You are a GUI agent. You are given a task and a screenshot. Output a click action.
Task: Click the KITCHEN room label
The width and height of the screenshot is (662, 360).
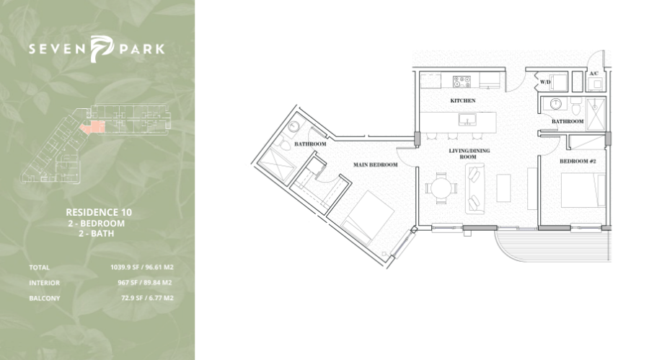pyautogui.click(x=463, y=100)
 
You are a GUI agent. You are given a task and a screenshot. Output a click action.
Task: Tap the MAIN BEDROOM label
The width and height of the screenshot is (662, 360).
pyautogui.click(x=375, y=164)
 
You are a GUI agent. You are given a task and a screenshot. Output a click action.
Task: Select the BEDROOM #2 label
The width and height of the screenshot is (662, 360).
pyautogui.click(x=578, y=161)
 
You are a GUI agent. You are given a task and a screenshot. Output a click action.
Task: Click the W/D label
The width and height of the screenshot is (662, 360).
pyautogui.click(x=545, y=82)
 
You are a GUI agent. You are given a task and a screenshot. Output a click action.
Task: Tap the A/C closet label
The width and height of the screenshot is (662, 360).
pyautogui.click(x=593, y=74)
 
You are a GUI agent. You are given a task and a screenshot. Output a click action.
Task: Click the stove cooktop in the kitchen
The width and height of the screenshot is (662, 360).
pyautogui.click(x=462, y=82)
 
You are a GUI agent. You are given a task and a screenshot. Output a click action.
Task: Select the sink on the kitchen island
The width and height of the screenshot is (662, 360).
pyautogui.click(x=467, y=120)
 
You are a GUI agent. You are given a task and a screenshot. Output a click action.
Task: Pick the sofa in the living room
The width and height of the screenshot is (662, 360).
pyautogui.click(x=475, y=189)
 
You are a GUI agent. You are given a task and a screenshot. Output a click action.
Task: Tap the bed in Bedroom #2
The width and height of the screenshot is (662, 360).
pyautogui.click(x=583, y=190)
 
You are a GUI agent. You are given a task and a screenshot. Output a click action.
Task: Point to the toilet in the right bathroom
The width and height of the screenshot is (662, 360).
pyautogui.click(x=576, y=107)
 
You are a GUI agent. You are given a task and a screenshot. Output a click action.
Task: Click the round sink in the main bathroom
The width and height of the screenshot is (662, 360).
pyautogui.click(x=294, y=126)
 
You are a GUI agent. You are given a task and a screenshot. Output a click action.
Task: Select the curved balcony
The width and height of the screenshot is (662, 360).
pyautogui.click(x=553, y=245)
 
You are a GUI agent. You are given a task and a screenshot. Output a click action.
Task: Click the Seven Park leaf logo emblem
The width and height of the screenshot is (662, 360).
pyautogui.click(x=102, y=49)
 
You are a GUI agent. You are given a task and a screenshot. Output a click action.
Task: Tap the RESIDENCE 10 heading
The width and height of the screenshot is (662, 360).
pyautogui.click(x=99, y=212)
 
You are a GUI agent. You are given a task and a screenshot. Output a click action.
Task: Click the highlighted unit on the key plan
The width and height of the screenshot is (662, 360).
pyautogui.click(x=93, y=126)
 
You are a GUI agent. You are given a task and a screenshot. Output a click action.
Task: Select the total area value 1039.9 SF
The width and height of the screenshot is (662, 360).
pyautogui.click(x=125, y=267)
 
